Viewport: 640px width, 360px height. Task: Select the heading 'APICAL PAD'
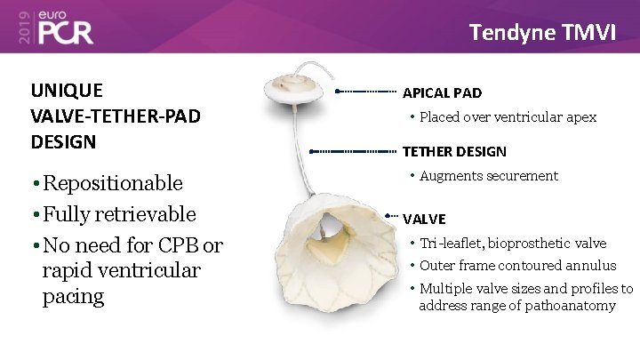[x=443, y=92]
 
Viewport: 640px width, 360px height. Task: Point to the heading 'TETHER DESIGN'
[x=454, y=152]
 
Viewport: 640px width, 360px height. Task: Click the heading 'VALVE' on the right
[x=424, y=219]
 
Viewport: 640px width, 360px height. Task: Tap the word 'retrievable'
[x=149, y=214]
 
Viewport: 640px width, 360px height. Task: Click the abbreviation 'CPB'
[x=177, y=244]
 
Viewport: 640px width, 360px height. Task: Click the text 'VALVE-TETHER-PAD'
[x=116, y=116]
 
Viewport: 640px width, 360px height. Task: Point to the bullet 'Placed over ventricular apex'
[x=508, y=117]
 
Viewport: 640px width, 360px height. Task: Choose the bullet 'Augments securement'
[x=488, y=176]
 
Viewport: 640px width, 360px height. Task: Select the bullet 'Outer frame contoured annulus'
[x=518, y=265]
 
